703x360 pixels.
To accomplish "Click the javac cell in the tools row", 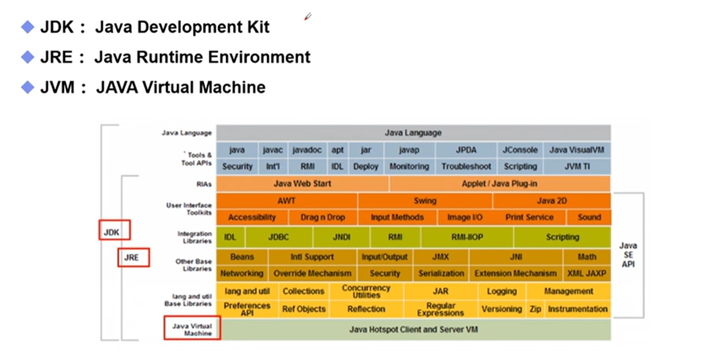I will click(273, 150).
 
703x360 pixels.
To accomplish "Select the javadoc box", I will click(307, 150).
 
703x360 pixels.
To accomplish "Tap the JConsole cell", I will click(519, 150).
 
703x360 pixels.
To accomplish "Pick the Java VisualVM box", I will click(576, 150).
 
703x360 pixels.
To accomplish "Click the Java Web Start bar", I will click(302, 183).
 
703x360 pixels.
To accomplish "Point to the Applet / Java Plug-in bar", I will click(499, 183).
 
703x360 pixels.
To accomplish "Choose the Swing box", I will click(424, 200).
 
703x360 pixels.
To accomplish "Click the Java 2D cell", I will click(551, 200).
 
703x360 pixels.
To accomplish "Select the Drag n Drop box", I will click(323, 217).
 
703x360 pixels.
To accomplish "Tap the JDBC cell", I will click(279, 237).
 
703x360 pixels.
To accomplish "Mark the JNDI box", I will click(341, 237).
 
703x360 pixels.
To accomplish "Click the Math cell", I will click(587, 257).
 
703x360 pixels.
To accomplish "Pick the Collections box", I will click(303, 291).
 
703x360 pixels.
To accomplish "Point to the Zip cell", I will click(535, 309).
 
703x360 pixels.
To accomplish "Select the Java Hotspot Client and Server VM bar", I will click(413, 329).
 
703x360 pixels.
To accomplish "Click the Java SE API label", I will click(628, 255).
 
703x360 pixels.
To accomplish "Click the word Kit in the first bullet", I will click(257, 27).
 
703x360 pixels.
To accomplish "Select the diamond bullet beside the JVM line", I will click(28, 87).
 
